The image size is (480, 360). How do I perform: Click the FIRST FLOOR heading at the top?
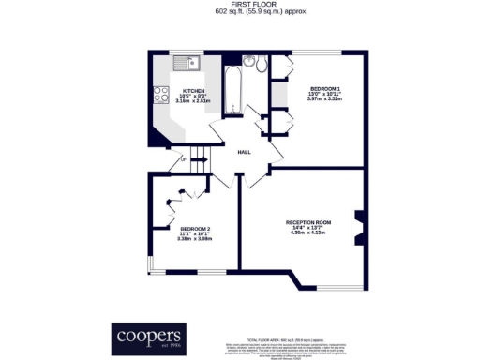point(241,5)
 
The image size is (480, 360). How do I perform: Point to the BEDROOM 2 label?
point(195,228)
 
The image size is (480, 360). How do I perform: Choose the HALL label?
point(244,152)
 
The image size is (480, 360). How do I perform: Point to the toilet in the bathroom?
point(249,63)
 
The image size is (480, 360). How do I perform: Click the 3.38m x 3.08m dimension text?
point(195,238)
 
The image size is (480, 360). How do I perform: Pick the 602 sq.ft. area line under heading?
point(241,12)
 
